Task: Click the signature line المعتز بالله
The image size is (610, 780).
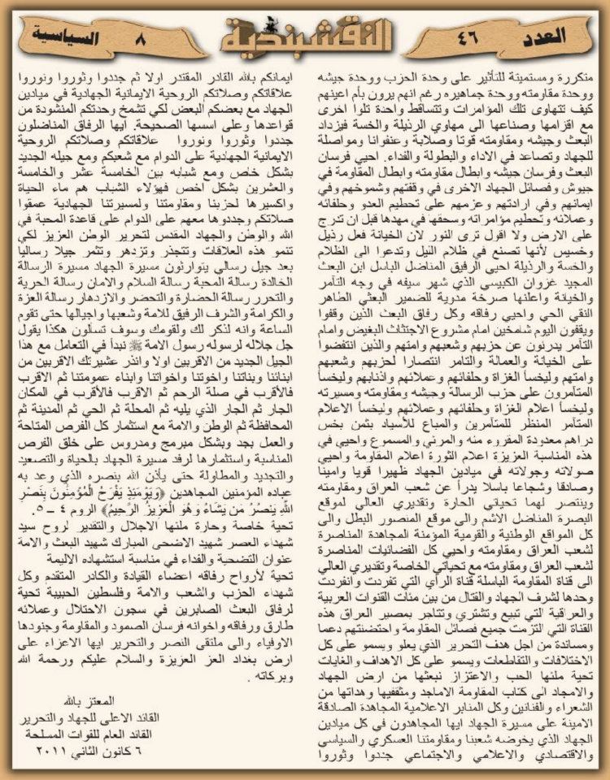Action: coord(85,700)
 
